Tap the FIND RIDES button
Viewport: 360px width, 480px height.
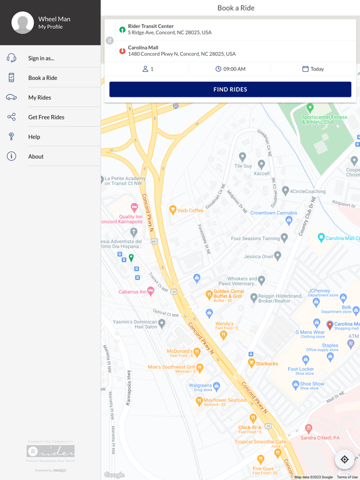point(230,89)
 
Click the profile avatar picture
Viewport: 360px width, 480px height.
point(22,23)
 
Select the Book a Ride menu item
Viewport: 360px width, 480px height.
point(42,78)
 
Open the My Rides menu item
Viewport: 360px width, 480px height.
point(39,97)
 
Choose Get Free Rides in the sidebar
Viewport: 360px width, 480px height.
point(46,117)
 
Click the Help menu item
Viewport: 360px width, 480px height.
point(34,137)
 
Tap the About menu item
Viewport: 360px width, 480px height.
point(36,156)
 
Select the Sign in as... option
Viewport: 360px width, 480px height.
point(41,58)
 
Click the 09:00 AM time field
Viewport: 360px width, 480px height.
point(230,69)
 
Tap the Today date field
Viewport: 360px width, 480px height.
point(313,69)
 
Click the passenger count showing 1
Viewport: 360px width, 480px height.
point(147,69)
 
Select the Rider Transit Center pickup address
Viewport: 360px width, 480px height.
point(169,29)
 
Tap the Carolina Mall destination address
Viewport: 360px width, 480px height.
point(181,51)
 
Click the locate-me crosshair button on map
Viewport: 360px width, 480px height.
point(344,459)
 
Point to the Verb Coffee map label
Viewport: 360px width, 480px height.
point(190,211)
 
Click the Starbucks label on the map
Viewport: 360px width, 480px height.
point(267,363)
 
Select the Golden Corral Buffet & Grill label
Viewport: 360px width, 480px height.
point(227,294)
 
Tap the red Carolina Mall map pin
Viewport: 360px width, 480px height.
point(330,325)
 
